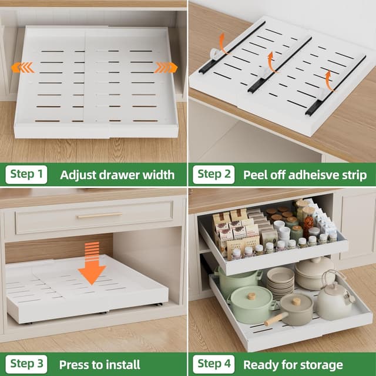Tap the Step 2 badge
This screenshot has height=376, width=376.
point(214,174)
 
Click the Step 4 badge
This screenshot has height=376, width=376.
point(214,364)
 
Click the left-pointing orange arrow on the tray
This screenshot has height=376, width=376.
point(22,68)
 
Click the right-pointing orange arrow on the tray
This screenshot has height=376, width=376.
point(166,68)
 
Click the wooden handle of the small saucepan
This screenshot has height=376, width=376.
point(276,319)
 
